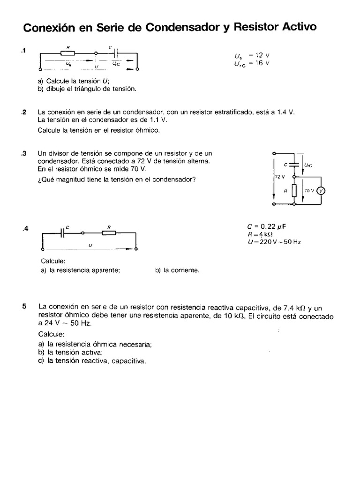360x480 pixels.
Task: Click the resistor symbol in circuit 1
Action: (x=68, y=53)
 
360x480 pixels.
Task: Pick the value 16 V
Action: (x=262, y=63)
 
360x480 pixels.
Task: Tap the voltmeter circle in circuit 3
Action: (x=321, y=191)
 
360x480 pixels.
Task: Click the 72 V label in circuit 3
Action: (x=280, y=177)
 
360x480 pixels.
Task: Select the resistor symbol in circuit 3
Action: (x=293, y=191)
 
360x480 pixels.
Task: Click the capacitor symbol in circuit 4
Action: (x=62, y=233)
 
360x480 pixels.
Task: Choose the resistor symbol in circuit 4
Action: (x=109, y=233)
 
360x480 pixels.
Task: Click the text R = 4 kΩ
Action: (x=260, y=234)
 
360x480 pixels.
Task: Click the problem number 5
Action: (x=24, y=307)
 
